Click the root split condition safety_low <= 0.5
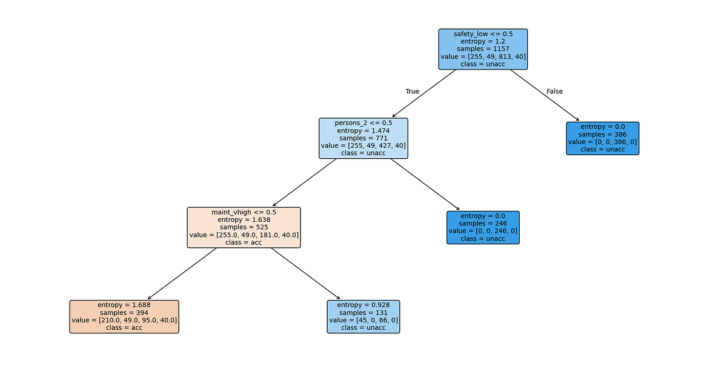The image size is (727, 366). pos(483,34)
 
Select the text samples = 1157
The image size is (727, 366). pos(483,49)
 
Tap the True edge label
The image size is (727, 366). pos(412,91)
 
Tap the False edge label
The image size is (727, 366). pos(554,91)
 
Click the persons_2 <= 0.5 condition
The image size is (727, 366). pos(363,123)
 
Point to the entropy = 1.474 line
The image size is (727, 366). pos(363,131)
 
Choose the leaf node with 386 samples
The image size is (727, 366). pos(602,138)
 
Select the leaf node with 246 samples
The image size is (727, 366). pos(483,227)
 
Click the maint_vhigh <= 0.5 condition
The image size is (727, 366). pos(244,212)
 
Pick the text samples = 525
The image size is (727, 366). pos(244,227)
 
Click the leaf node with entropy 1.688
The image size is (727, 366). pos(124,316)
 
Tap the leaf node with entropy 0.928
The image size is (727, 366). pos(363,316)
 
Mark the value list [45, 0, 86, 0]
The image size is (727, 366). pos(363,320)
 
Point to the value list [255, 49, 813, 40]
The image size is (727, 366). pos(483,56)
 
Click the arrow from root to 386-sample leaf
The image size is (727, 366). pos(544,95)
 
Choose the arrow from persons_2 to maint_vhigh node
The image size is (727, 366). pos(305,182)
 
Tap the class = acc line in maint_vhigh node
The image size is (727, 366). pos(244,242)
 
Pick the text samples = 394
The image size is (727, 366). pos(124,312)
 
